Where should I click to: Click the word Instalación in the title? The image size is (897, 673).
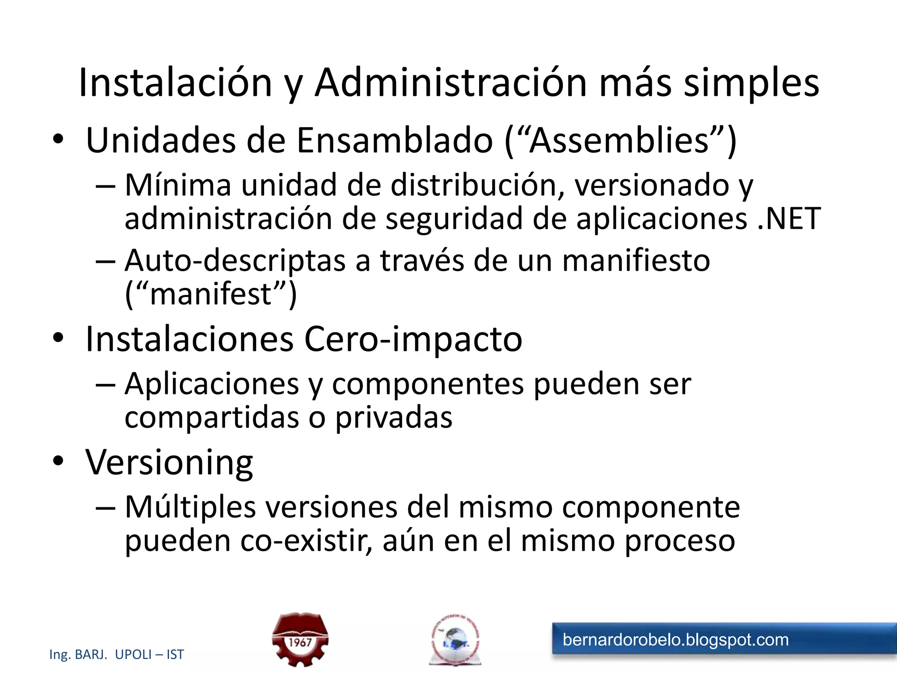click(x=176, y=83)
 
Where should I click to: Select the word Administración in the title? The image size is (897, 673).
click(x=451, y=83)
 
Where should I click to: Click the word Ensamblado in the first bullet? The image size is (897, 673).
click(x=395, y=140)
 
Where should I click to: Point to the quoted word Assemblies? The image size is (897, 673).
click(x=619, y=140)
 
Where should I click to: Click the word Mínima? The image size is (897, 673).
click(x=178, y=184)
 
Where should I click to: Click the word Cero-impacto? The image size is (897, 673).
click(x=413, y=339)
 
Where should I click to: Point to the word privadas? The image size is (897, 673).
click(x=394, y=418)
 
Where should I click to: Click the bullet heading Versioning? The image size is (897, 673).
click(x=169, y=463)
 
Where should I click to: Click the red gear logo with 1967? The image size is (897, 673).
click(x=300, y=639)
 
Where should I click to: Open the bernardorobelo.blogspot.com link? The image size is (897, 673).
click(x=675, y=640)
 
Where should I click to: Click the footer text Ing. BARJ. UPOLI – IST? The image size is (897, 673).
click(x=117, y=654)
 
